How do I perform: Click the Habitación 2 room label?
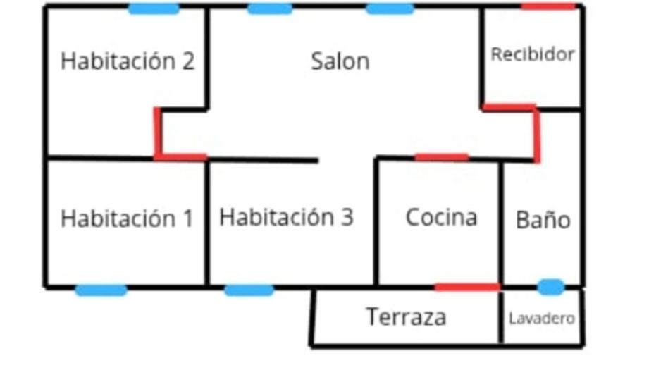pyautogui.click(x=128, y=61)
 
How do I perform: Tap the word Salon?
pyautogui.click(x=340, y=61)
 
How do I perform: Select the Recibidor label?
pyautogui.click(x=533, y=54)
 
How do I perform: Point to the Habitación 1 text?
pyautogui.click(x=127, y=218)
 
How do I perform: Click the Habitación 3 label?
pyautogui.click(x=286, y=217)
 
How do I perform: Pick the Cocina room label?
pyautogui.click(x=441, y=218)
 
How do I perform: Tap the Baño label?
pyautogui.click(x=543, y=220)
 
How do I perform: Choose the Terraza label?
pyautogui.click(x=406, y=317)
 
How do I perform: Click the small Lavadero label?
pyautogui.click(x=542, y=319)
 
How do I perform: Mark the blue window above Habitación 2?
pyautogui.click(x=154, y=8)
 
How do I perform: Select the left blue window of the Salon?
pyautogui.click(x=270, y=8)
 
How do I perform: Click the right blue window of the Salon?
pyautogui.click(x=390, y=8)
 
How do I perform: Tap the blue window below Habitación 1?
pyautogui.click(x=101, y=290)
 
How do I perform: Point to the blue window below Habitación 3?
pyautogui.click(x=249, y=290)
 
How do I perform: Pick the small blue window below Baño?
pyautogui.click(x=551, y=287)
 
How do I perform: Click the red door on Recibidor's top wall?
pyautogui.click(x=548, y=6)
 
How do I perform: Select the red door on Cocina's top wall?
pyautogui.click(x=442, y=158)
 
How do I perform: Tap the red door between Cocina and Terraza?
pyautogui.click(x=467, y=288)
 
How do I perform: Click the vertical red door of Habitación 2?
pyautogui.click(x=158, y=133)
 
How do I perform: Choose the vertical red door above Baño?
pyautogui.click(x=537, y=135)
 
